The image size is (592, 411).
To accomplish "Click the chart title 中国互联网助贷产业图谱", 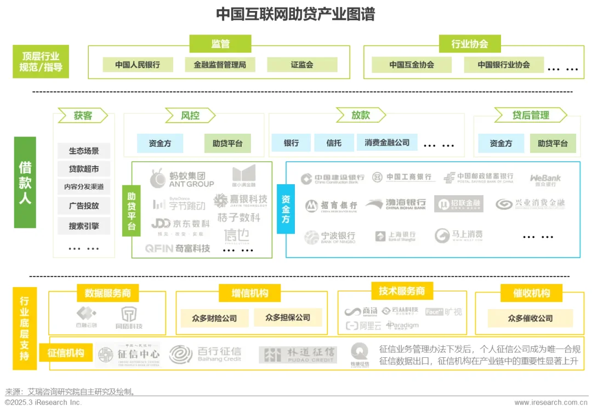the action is click(295, 14).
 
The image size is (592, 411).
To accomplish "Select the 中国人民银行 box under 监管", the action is click(138, 65).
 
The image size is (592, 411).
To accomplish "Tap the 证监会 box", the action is click(301, 65).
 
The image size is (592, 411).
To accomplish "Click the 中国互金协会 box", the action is click(411, 65).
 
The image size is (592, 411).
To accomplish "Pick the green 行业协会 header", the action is click(469, 44).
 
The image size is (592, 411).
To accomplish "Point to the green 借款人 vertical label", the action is click(25, 182).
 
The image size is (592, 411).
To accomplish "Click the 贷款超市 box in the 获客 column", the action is click(84, 169).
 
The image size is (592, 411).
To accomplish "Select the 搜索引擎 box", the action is click(84, 226).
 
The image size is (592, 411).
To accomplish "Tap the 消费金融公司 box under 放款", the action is click(386, 143).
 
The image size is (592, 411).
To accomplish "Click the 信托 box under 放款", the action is click(333, 143).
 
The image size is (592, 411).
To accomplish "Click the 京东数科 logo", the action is click(180, 224).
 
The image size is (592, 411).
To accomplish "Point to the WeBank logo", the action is click(545, 179).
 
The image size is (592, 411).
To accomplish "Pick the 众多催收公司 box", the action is click(530, 318).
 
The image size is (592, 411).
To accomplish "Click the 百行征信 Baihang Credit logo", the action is click(205, 354).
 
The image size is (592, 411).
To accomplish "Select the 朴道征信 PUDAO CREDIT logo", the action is click(298, 355).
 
